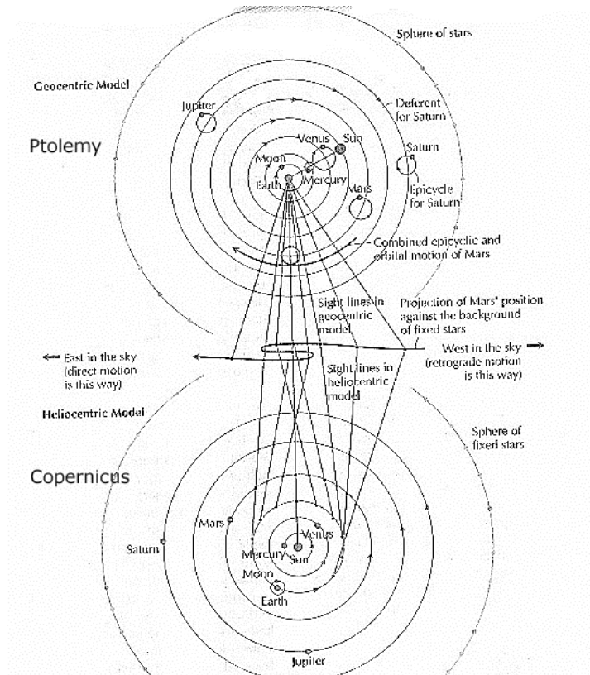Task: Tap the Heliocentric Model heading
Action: click(85, 411)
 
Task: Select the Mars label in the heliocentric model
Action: click(209, 524)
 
